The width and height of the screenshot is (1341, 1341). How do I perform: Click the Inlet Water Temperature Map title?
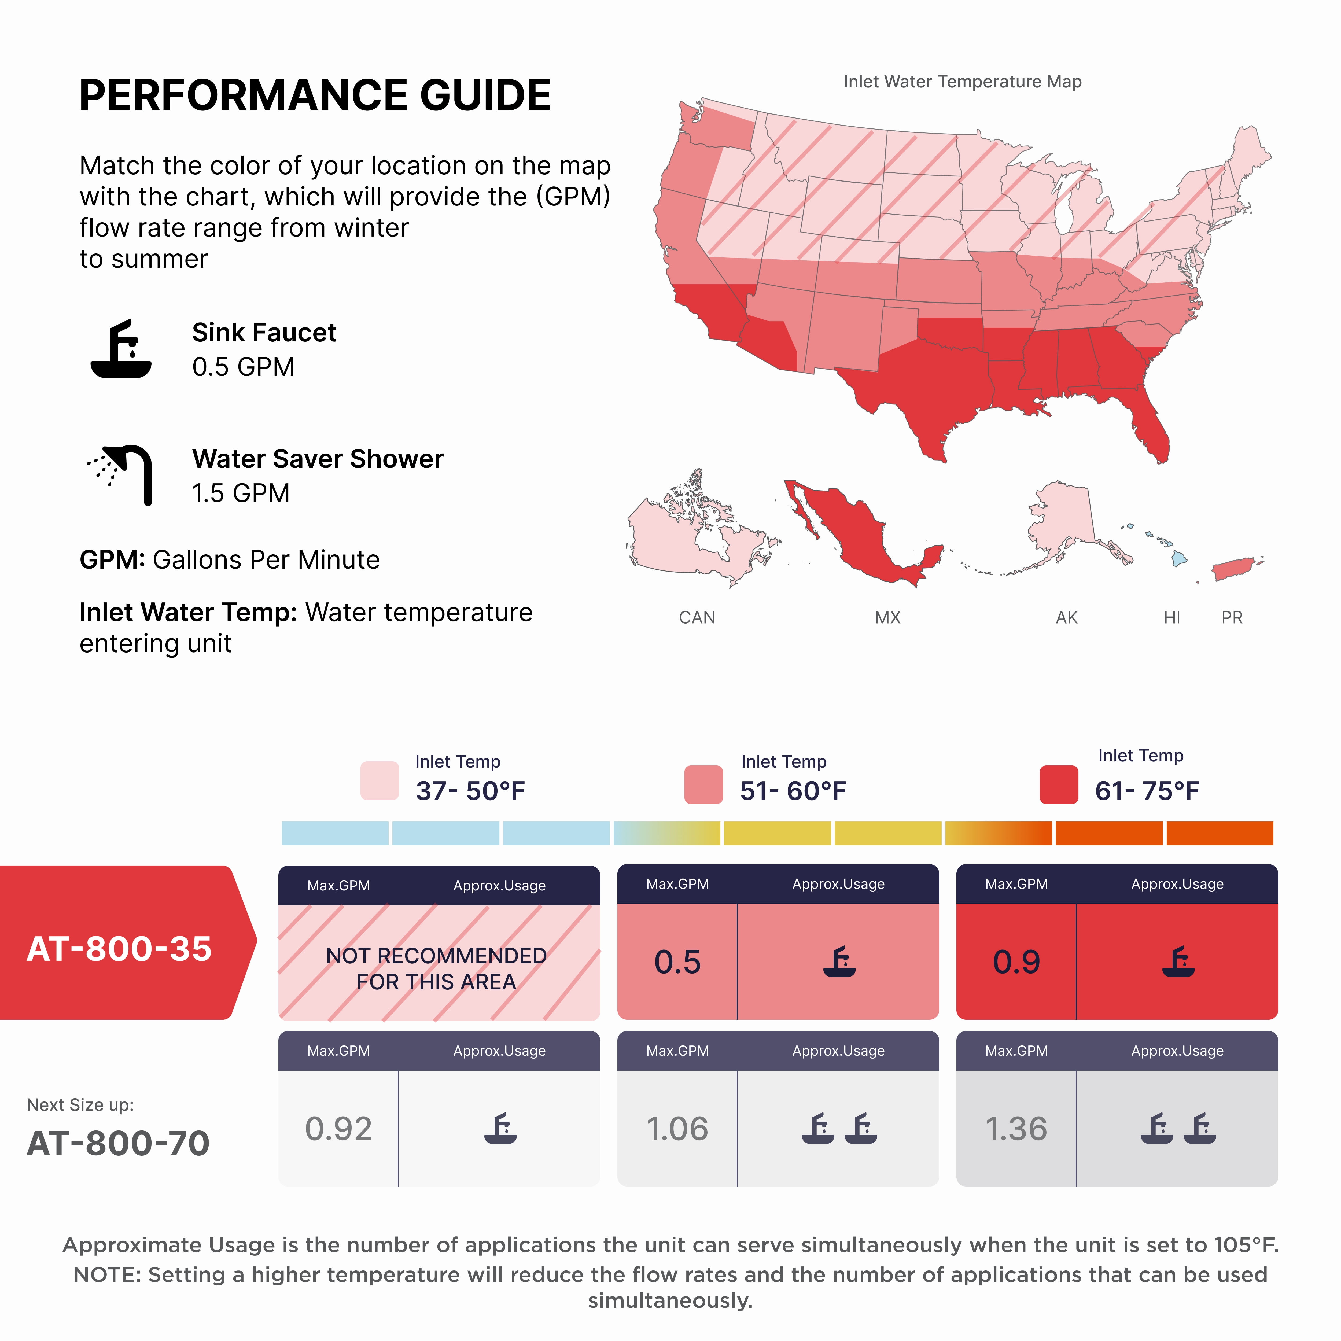point(962,82)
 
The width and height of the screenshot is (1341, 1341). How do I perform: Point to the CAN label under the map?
point(697,617)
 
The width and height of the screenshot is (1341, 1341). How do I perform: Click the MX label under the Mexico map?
point(887,617)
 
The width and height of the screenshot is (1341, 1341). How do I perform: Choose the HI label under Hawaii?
point(1172,617)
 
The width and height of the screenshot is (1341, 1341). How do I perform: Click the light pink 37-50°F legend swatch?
point(380,781)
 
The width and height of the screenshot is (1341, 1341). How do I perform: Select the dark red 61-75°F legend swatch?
point(1059,784)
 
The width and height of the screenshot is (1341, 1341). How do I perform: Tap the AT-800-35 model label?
point(119,948)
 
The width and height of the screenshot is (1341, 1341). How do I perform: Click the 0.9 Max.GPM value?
point(1016,962)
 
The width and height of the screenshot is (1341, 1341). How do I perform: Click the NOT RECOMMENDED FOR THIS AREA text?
point(437,969)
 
